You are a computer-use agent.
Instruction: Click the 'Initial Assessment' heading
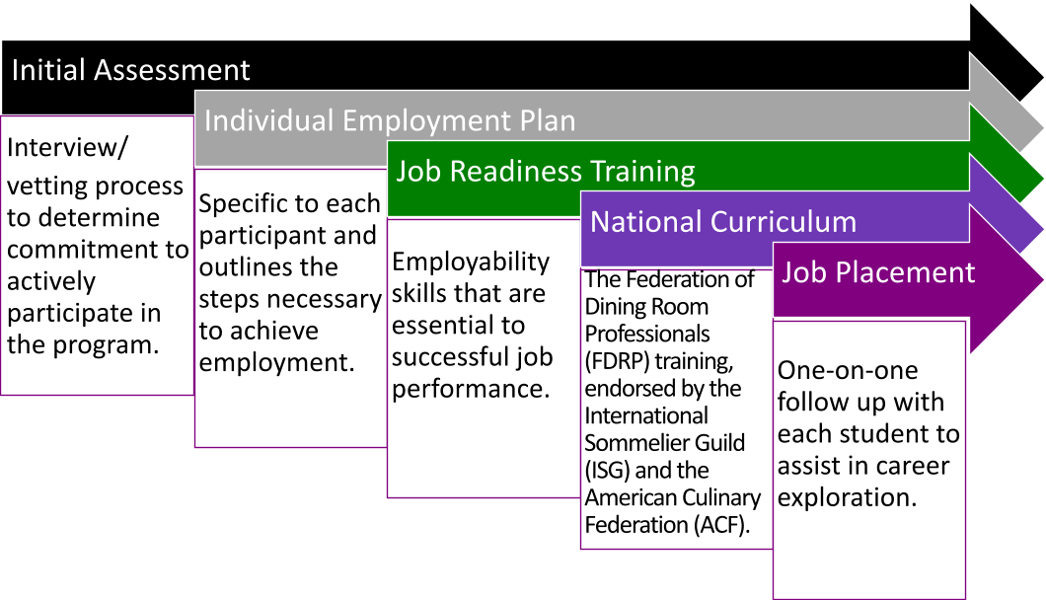[130, 70]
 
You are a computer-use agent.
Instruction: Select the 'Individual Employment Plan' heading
[390, 120]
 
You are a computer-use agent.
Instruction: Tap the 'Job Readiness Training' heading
[546, 172]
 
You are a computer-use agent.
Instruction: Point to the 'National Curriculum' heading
[723, 222]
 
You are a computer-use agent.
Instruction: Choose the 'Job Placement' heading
[878, 272]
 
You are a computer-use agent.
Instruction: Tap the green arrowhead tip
[1043, 179]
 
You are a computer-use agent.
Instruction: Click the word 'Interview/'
[67, 147]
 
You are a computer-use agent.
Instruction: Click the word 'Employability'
[471, 262]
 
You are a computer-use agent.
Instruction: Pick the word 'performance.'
[471, 389]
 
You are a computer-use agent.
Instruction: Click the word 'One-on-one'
[848, 370]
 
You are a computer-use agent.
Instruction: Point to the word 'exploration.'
[848, 497]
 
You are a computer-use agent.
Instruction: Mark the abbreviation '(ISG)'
[607, 471]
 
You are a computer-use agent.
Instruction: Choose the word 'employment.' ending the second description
[276, 363]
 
